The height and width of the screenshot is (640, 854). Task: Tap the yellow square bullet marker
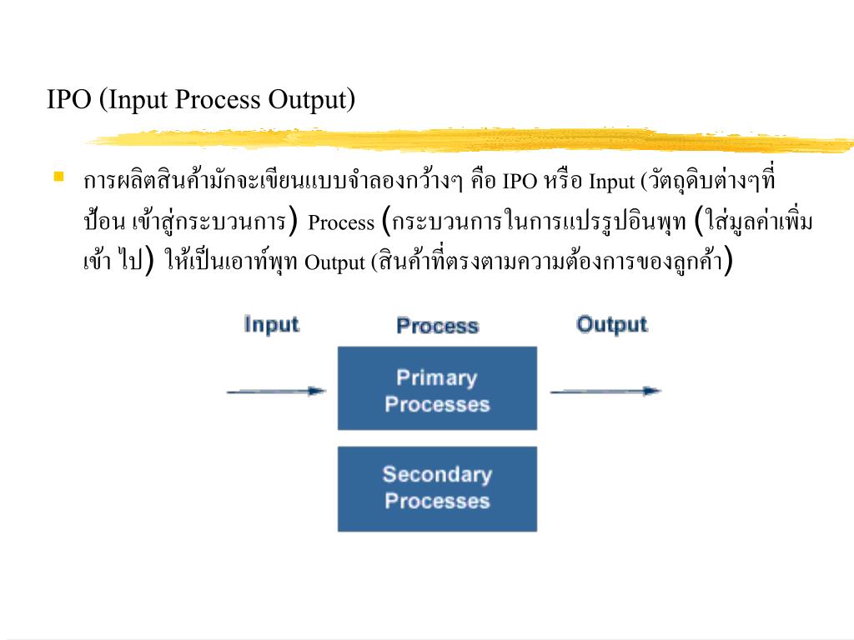coord(58,177)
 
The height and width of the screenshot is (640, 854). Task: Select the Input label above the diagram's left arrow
coord(271,324)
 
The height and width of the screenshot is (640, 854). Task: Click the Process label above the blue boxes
coord(437,326)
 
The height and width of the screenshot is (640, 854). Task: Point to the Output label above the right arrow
coord(611,324)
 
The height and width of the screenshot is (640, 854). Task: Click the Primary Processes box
coord(437,388)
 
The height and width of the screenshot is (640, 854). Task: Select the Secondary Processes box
coord(437,488)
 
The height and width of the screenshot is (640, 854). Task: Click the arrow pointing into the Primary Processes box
coord(276,390)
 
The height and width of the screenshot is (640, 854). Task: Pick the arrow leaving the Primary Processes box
coord(605,390)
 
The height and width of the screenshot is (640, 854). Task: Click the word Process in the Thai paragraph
coord(341,224)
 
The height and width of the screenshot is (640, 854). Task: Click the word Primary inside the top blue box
coord(436,377)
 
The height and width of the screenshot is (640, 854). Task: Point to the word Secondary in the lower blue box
coord(437,475)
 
